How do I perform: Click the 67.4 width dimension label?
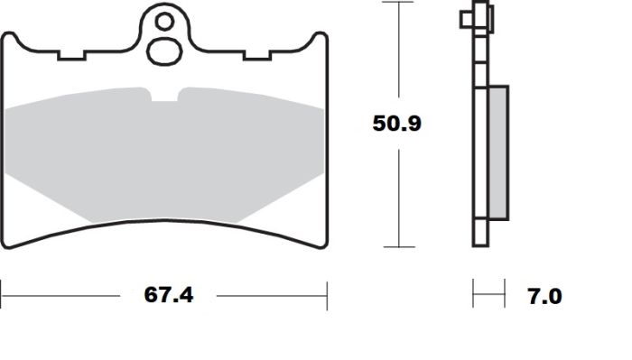point(170,295)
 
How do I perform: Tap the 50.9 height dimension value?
point(397,124)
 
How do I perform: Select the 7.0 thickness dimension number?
point(544,296)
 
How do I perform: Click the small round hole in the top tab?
point(163,21)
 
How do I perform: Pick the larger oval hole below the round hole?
point(163,51)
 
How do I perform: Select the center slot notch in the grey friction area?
point(163,96)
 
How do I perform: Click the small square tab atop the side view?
point(467,18)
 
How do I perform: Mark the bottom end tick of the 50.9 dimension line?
point(397,246)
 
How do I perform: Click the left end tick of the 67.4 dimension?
point(2,295)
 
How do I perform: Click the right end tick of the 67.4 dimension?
point(327,295)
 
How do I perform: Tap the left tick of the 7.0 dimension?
point(473,295)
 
